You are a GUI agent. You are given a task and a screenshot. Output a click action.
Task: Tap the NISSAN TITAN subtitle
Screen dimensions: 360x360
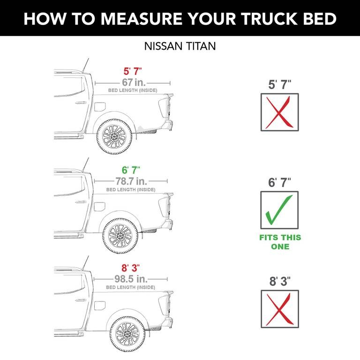[180, 47]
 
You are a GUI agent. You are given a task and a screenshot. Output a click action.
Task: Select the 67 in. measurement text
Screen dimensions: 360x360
[132, 82]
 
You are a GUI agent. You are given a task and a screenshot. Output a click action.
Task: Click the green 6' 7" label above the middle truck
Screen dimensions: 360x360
[131, 170]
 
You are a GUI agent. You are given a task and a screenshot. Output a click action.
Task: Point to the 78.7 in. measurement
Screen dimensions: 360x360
[131, 180]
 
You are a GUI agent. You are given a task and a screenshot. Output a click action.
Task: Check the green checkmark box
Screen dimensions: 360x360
[279, 210]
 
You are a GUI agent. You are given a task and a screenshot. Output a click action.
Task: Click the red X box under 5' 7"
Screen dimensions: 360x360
[279, 112]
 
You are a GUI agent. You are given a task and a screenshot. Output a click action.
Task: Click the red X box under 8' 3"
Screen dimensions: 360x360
[279, 308]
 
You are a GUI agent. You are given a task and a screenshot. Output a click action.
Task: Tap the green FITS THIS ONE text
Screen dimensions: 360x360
[280, 242]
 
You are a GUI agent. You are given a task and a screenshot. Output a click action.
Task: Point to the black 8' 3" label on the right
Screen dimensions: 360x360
[280, 282]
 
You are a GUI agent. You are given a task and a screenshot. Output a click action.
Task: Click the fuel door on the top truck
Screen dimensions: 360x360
[100, 106]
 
